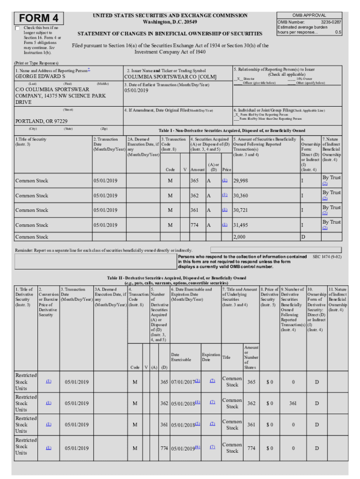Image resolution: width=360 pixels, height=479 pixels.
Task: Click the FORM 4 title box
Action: [x=39, y=18]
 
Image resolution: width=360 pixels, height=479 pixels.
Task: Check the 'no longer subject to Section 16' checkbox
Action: [x=18, y=29]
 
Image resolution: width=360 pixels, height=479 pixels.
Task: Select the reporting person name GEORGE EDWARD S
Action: [x=40, y=76]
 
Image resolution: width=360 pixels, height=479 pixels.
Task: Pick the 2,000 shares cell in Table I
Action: [x=239, y=237]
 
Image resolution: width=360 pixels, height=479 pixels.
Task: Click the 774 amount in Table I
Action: [x=194, y=225]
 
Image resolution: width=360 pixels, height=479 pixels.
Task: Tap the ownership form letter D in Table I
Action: [x=302, y=237]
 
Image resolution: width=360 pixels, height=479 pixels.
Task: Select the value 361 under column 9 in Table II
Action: [x=293, y=403]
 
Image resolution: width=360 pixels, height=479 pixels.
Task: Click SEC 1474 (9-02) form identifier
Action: [x=327, y=257]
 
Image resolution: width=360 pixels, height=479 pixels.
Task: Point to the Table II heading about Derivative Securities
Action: [x=177, y=280]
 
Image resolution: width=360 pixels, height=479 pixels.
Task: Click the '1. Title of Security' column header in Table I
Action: [x=31, y=142]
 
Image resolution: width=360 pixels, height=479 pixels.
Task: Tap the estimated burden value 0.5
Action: [x=338, y=33]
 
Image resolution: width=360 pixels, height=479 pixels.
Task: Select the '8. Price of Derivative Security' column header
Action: [x=269, y=298]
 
